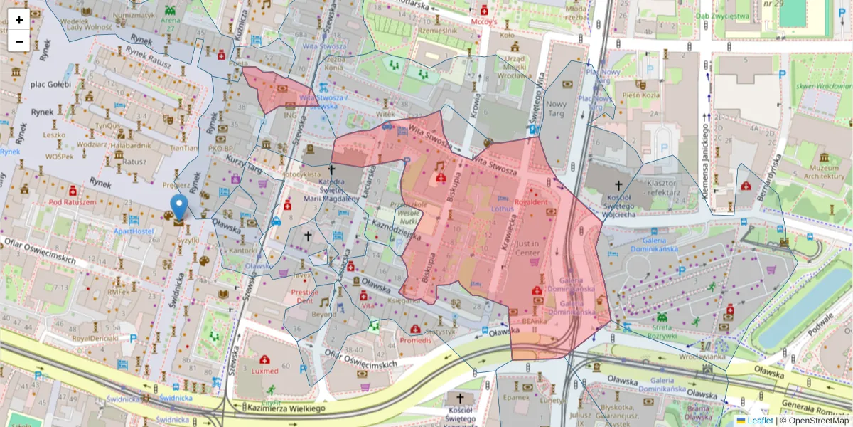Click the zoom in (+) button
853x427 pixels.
click(19, 20)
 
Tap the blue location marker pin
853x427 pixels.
click(179, 207)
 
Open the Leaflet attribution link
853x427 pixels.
click(760, 421)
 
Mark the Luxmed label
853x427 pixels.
click(264, 371)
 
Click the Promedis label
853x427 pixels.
click(415, 340)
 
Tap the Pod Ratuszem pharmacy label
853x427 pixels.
click(72, 202)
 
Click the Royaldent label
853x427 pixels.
click(531, 202)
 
